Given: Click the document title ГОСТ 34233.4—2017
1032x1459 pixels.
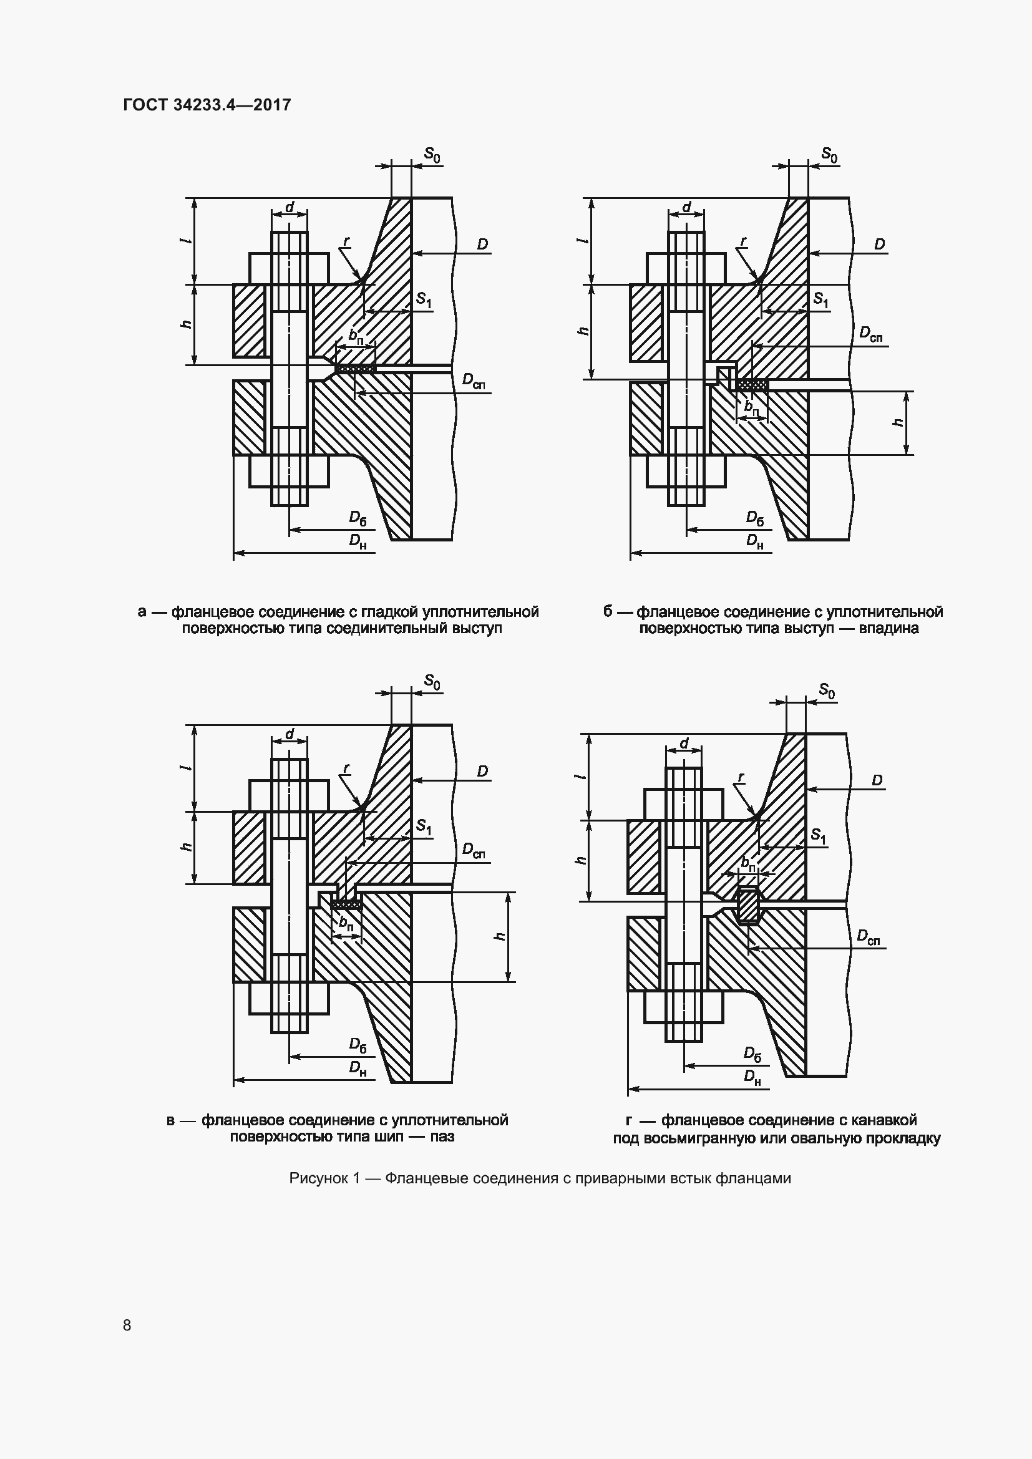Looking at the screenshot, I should pos(207,105).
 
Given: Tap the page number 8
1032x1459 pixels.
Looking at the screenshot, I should pos(127,1324).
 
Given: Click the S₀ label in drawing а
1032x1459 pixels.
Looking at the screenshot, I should pos(432,155).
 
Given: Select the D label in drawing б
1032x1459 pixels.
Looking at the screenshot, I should pos(880,244).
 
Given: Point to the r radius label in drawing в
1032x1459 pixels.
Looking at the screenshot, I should pos(346,768).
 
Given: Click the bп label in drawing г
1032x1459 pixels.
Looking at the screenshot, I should pos(749,863).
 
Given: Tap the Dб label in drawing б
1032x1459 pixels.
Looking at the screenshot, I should pos(755,518).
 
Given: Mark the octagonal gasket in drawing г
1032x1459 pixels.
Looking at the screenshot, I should pos(749,905).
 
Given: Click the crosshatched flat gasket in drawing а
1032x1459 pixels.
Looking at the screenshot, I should pos(356,368).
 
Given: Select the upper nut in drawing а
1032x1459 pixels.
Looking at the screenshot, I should pos(289,268).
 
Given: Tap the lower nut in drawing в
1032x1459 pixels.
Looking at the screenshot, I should pos(289,998).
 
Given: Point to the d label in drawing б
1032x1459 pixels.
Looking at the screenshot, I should pos(686,207).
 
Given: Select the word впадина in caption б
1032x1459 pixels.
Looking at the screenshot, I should pos(889,629).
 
